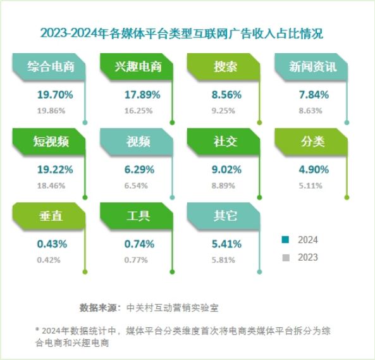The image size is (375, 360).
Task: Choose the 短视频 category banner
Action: [x=49, y=142]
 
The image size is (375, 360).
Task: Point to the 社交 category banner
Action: [x=224, y=142]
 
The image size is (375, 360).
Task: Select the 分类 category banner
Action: [x=312, y=142]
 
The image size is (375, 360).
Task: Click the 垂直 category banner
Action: [x=49, y=216]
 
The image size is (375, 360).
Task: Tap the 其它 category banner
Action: [x=224, y=216]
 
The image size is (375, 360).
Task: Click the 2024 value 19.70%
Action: [x=55, y=95]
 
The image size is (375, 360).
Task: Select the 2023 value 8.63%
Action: [x=314, y=109]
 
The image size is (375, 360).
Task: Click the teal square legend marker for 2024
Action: [x=285, y=240]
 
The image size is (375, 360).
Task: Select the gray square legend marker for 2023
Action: [x=285, y=258]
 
